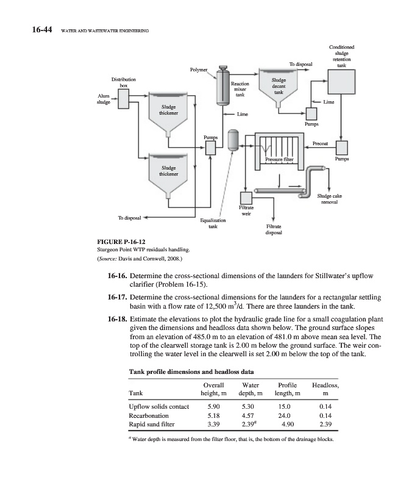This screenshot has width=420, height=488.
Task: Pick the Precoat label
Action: pos(321,143)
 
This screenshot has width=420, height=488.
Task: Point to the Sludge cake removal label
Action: pos(330,199)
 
